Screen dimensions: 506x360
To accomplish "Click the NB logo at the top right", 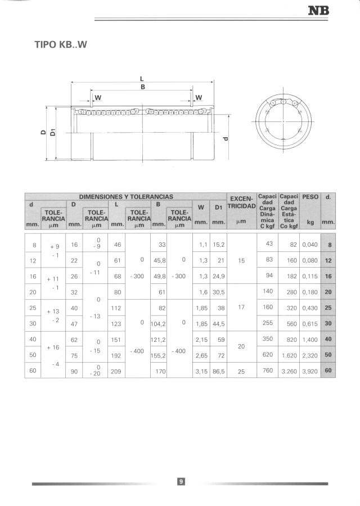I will (x=318, y=10).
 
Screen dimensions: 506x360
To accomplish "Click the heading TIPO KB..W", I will (x=61, y=44).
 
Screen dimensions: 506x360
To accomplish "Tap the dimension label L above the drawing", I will (x=142, y=79).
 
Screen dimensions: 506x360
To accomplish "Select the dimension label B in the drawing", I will (x=142, y=87).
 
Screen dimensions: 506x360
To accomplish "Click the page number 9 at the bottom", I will (x=181, y=481).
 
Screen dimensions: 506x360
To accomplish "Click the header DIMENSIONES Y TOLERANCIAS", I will (x=125, y=197).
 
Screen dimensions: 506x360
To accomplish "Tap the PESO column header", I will (x=310, y=197).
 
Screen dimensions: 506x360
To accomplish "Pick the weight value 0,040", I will (x=310, y=245).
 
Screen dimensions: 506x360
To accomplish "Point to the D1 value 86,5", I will (x=218, y=372).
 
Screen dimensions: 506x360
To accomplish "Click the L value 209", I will (x=117, y=372).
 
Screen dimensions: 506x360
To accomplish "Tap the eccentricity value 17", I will (x=241, y=308).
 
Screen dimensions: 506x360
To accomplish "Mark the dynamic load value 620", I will (x=267, y=355).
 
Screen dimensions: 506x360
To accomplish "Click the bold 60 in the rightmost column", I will (x=328, y=372).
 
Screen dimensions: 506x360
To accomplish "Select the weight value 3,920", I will (x=310, y=372).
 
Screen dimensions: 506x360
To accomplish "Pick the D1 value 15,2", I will (x=218, y=245).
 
